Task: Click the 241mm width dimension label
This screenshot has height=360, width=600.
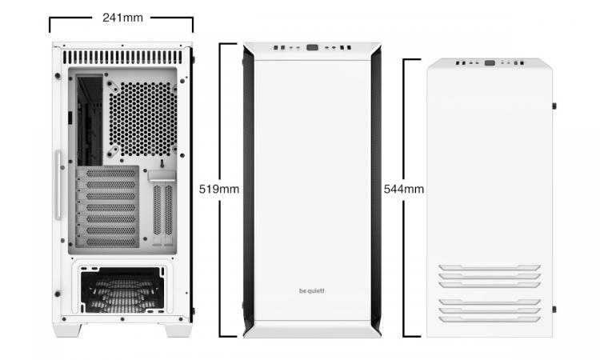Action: point(122,18)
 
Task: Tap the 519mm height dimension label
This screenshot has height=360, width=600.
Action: point(219,189)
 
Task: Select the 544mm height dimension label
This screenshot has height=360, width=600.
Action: point(404,189)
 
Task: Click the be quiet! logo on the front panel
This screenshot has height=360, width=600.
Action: point(311,290)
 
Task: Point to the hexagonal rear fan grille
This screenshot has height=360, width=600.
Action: point(142,118)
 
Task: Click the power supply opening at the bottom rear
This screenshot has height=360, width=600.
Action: point(122,290)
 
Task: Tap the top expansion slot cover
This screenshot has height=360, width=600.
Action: point(108,174)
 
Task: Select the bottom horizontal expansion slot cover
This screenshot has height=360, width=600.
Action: point(108,242)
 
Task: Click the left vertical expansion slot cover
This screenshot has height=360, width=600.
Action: point(158,210)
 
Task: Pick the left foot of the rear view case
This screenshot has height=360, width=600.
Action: point(68,330)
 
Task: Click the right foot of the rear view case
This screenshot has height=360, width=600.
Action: point(178,330)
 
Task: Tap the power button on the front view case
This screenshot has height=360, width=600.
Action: point(312,48)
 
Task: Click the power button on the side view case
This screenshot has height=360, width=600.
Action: point(490,62)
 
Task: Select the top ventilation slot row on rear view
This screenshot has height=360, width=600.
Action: point(122,58)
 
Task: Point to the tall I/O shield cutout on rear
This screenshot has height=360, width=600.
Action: point(90,120)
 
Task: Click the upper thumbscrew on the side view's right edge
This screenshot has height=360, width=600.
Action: point(554,106)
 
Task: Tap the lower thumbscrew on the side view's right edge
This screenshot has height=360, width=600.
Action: point(554,309)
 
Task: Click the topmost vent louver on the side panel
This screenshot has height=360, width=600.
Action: point(490,267)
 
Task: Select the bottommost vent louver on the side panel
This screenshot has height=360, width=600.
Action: point(490,318)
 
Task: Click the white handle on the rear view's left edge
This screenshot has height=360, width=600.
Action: point(58,185)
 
